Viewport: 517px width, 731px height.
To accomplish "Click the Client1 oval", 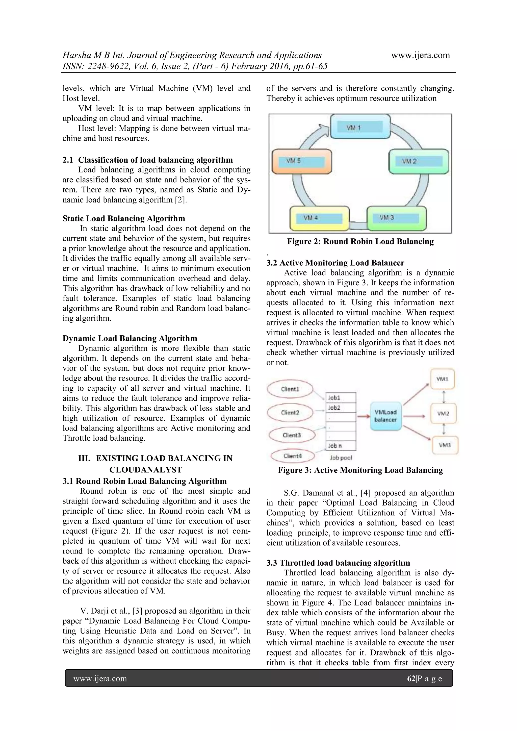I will pyautogui.click(x=290, y=389).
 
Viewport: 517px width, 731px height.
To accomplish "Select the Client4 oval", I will pyautogui.click(x=293, y=456).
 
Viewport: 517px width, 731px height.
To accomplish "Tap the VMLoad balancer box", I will pyautogui.click(x=385, y=416).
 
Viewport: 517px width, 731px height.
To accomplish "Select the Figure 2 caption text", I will pyautogui.click(x=360, y=242).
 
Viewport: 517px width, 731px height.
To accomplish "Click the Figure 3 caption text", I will pyautogui.click(x=360, y=470).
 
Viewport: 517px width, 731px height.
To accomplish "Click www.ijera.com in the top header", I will pyautogui.click(x=421, y=55).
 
